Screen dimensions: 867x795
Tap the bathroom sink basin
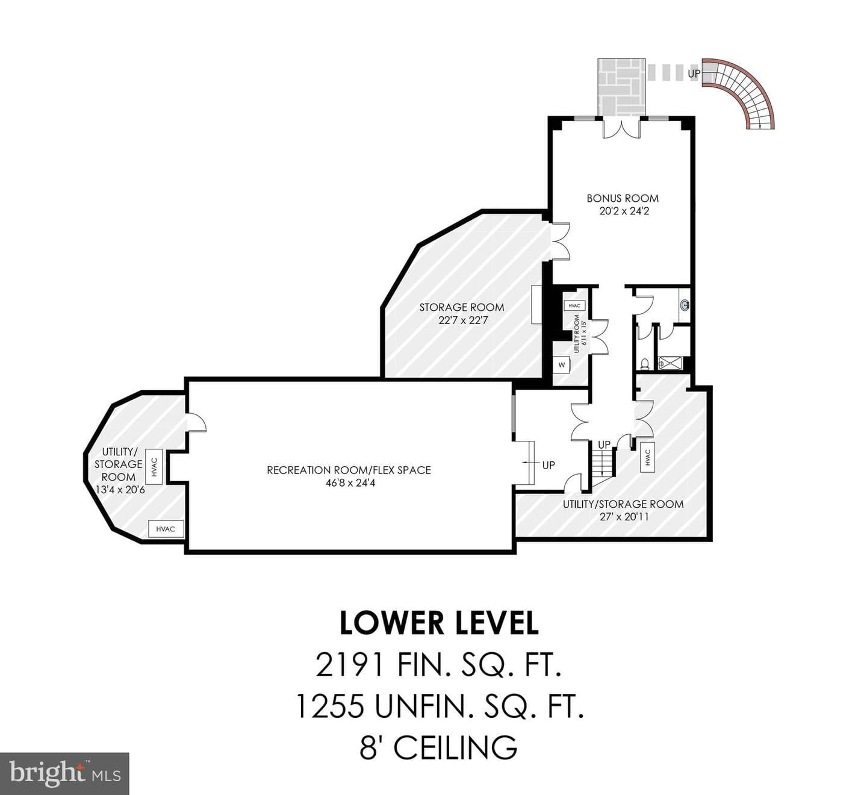[685, 305]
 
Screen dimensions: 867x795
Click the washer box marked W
[562, 364]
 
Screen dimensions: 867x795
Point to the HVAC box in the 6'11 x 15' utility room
[574, 305]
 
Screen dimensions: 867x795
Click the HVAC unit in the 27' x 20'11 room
[647, 457]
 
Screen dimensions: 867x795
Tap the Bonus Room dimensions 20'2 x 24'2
[623, 211]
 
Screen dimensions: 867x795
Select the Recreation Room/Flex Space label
[349, 470]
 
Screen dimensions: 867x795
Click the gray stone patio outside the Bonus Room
[621, 87]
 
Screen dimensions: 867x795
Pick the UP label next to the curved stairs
[694, 74]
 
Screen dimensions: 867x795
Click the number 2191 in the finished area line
[349, 665]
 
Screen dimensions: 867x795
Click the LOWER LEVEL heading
[439, 623]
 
